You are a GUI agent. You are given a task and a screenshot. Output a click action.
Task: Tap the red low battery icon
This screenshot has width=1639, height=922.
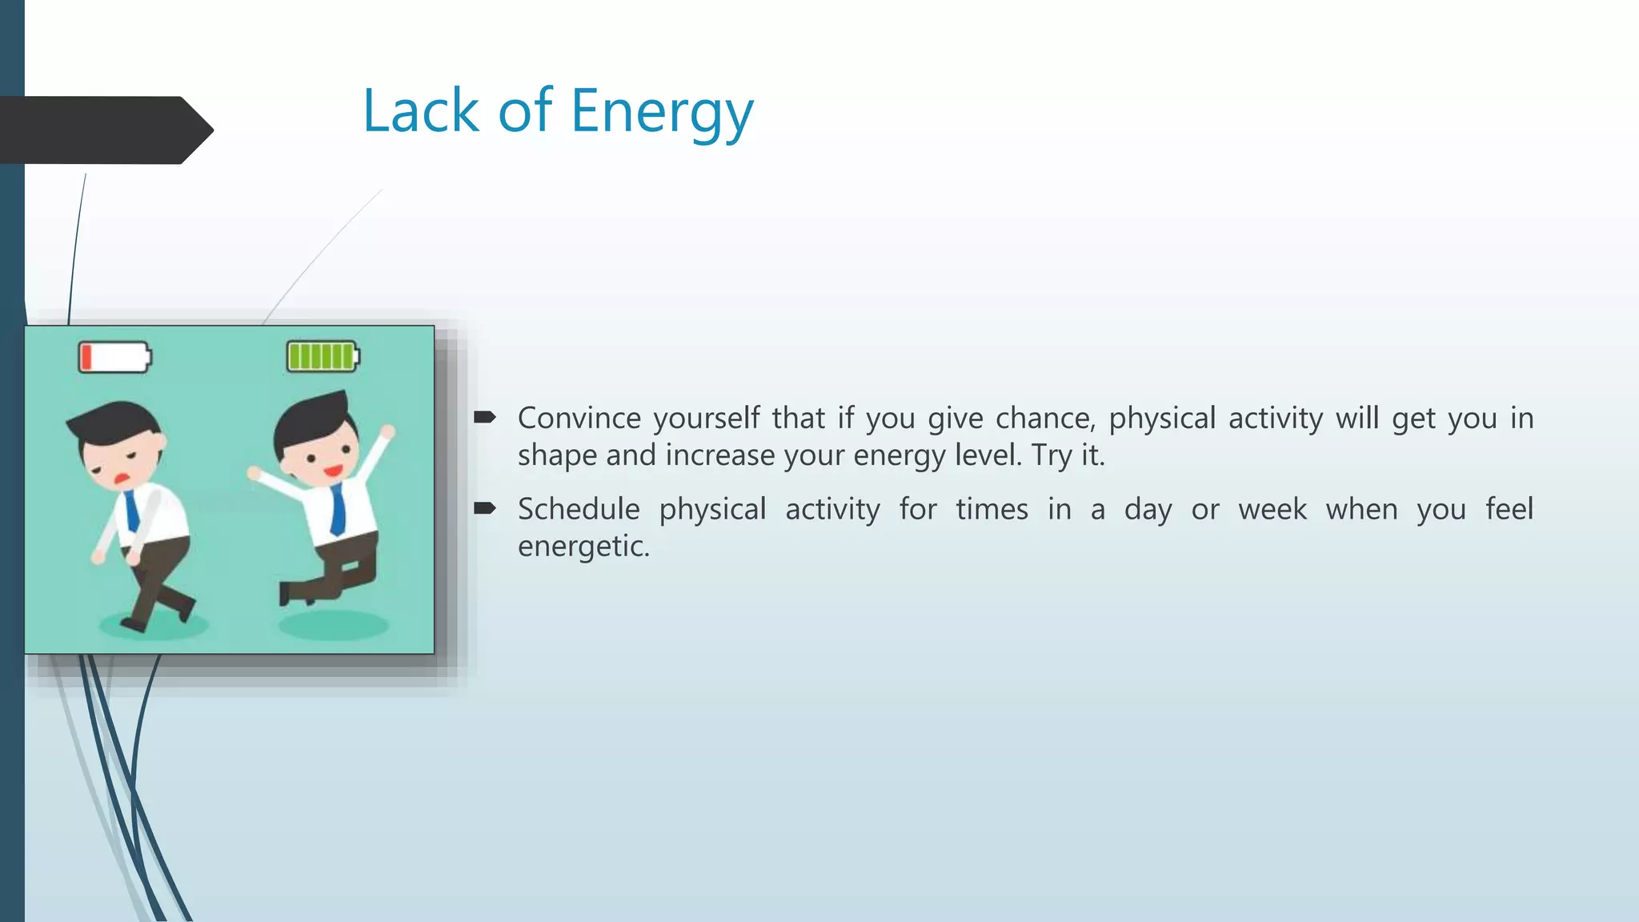[x=114, y=357]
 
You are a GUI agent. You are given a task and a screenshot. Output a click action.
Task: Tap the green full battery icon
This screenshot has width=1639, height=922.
[x=323, y=356]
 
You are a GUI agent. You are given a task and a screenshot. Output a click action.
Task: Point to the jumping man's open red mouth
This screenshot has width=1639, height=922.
[x=332, y=471]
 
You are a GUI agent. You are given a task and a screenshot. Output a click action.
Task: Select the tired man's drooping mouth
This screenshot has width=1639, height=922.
[x=122, y=479]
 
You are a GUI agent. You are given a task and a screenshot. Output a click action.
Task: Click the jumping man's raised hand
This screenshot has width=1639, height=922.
[x=387, y=432]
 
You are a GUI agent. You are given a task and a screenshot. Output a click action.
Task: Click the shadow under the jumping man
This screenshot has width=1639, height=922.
[x=334, y=625]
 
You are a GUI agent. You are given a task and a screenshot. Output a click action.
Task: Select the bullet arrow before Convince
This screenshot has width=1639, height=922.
[x=485, y=417]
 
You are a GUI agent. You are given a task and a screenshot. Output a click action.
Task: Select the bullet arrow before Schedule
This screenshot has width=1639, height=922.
[x=485, y=508]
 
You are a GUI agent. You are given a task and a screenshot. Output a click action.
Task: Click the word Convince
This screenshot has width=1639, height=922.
[x=579, y=419]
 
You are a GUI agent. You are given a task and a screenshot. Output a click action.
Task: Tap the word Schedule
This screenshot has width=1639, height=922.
[x=579, y=510]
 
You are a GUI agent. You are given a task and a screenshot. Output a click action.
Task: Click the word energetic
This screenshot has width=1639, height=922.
[x=583, y=547]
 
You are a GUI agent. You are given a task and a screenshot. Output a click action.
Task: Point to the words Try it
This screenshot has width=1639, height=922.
[x=1068, y=455]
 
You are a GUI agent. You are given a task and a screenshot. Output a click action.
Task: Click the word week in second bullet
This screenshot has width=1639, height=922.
[x=1272, y=510]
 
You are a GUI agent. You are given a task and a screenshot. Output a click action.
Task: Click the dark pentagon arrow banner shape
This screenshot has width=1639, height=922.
[x=104, y=130]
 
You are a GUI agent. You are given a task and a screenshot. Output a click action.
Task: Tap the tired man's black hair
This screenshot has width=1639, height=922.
[x=112, y=421]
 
